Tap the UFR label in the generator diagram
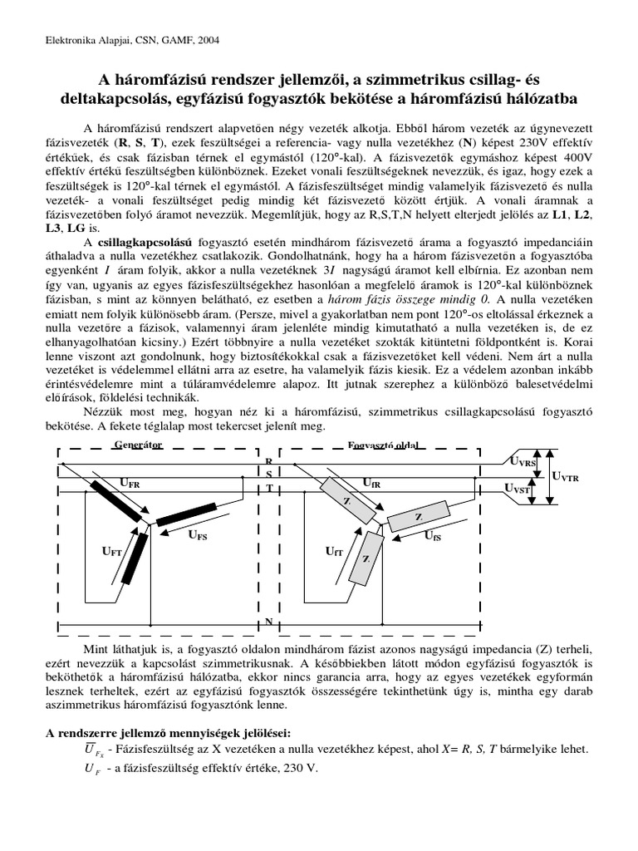130,482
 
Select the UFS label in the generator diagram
197,536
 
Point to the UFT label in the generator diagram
112,550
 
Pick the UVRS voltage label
523,462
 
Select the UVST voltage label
520,490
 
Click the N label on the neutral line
268,621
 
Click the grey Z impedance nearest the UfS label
417,519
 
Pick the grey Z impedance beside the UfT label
366,558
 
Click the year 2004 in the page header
209,39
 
